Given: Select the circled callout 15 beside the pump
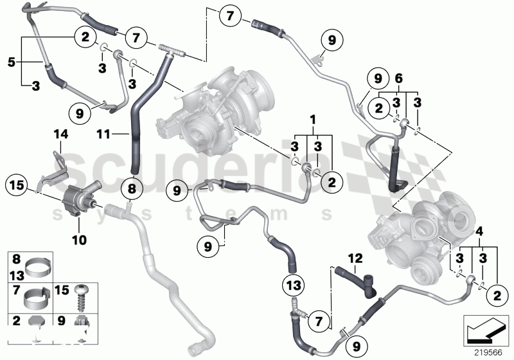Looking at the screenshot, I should coord(17,186).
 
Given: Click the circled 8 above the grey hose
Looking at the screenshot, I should coord(131,189).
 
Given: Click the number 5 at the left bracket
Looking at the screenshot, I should coord(11,62).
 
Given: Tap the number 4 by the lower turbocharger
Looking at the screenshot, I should coord(479,230).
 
